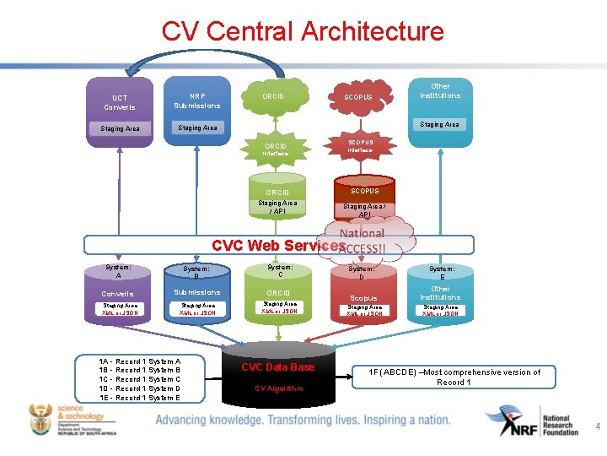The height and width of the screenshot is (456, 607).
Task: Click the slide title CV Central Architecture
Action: pos(303,32)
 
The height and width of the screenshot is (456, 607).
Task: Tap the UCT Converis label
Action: pos(119,102)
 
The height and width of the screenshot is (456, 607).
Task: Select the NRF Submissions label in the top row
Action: pos(197,100)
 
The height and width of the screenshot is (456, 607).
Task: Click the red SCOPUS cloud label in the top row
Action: pos(358,98)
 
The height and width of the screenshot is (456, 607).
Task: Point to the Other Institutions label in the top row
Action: pos(440,91)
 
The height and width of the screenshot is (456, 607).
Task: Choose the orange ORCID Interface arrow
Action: pos(275,149)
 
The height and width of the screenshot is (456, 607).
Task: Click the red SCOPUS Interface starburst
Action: pos(359,145)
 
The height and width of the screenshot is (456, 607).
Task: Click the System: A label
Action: pos(119,271)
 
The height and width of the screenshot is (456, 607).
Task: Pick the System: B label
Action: pos(196,272)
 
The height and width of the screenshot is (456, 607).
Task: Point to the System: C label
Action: pos(280,270)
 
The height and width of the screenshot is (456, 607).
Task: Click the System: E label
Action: pos(441,272)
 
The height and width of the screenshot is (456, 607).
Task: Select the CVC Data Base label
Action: pos(277,366)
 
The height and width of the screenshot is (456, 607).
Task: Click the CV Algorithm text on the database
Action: pos(277,388)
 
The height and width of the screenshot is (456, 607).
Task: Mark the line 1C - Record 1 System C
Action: pos(140,379)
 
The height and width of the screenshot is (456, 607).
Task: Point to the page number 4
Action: pos(597,427)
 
